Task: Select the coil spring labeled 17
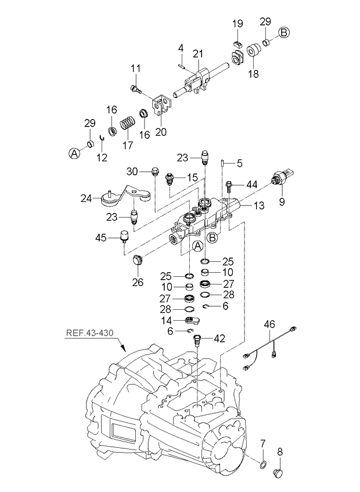click(x=128, y=123)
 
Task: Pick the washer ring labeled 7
click(x=262, y=464)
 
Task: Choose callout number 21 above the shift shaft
click(x=198, y=55)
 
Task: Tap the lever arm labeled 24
click(x=119, y=197)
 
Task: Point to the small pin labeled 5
click(x=223, y=164)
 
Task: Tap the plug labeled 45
click(x=123, y=236)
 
